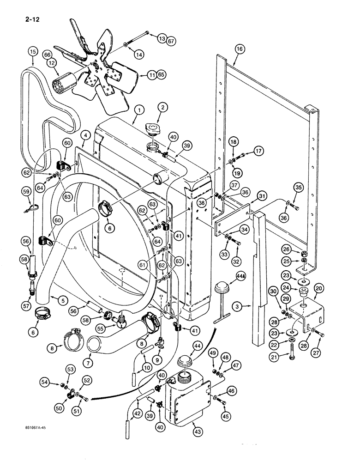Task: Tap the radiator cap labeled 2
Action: [x=153, y=128]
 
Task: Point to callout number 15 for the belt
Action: [x=32, y=51]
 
